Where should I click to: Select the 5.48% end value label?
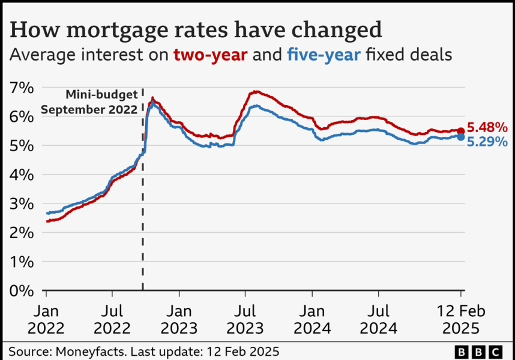click(487, 128)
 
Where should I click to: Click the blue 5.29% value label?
click(487, 142)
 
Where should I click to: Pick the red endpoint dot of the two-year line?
click(460, 131)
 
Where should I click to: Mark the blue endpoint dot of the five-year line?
click(460, 137)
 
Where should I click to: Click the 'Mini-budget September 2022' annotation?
click(91, 102)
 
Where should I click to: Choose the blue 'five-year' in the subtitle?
click(324, 55)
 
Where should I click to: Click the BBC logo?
click(479, 351)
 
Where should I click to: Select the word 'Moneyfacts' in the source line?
click(81, 350)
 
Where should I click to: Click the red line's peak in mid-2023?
click(256, 91)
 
